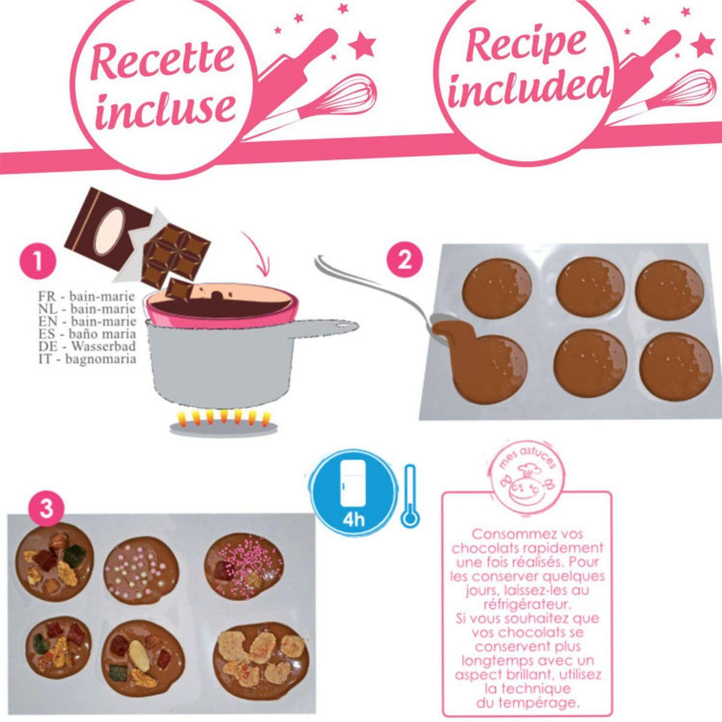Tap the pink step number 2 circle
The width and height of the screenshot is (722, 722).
click(x=404, y=261)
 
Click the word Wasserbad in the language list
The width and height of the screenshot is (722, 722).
click(x=103, y=347)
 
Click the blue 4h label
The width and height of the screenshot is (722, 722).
click(x=354, y=519)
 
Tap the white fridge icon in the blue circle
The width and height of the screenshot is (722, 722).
click(x=353, y=486)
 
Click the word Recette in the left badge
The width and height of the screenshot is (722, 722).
click(x=162, y=60)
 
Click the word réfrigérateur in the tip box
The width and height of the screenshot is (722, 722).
click(x=526, y=603)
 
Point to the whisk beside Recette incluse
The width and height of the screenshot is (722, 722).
click(x=337, y=99)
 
